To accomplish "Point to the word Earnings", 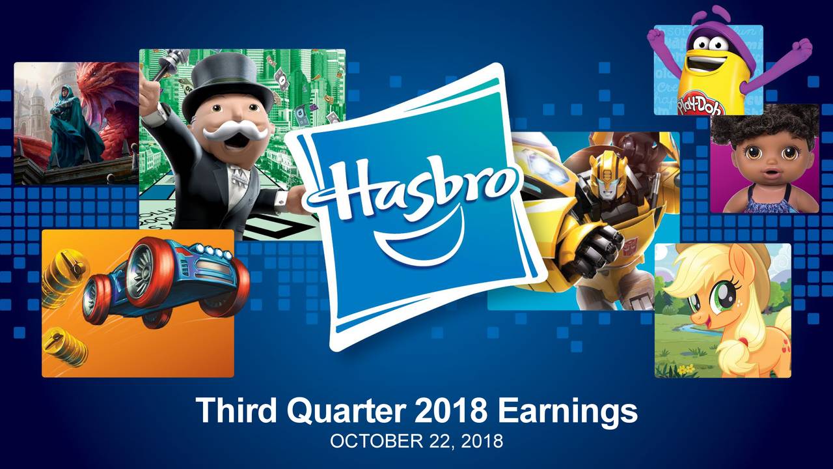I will pos(566,412).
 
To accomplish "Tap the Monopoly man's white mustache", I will pos(235,130).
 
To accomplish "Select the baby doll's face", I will pos(765,160).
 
